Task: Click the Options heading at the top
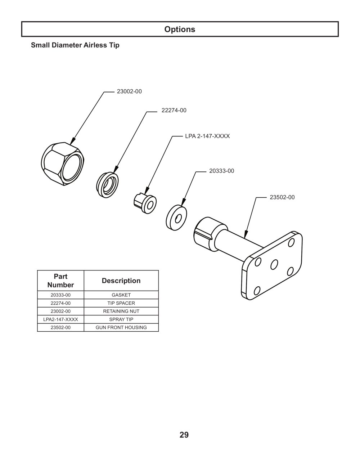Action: pos(180,29)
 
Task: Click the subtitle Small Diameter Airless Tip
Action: pos(75,45)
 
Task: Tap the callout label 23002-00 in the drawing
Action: pos(129,91)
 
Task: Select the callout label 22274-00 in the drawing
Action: pos(174,110)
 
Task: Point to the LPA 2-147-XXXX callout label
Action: pos(207,136)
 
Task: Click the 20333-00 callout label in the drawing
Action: pos(221,171)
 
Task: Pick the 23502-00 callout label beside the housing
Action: pos(282,197)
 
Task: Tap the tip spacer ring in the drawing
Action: pos(107,185)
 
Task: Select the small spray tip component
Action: pos(145,203)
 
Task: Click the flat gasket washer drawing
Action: pos(176,218)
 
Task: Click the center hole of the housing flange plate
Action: pos(274,264)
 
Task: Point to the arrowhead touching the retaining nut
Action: pos(73,141)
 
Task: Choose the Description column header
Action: pos(121,281)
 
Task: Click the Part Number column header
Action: pos(60,281)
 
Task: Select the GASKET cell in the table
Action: pos(121,295)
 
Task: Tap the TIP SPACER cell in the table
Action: pos(121,303)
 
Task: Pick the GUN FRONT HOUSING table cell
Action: pos(121,327)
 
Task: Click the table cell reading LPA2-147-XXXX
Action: pos(60,319)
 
